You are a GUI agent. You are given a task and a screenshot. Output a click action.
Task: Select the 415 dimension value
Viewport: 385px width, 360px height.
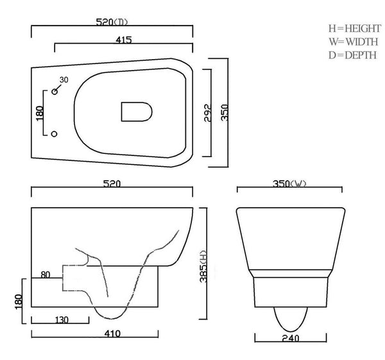coord(124,40)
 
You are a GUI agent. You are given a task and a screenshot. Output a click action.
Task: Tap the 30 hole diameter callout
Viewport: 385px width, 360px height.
coord(64,80)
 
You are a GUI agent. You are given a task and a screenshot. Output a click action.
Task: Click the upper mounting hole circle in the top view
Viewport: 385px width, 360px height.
coord(55,92)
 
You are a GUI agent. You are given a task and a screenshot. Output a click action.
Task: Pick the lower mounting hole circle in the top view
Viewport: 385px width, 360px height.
coord(55,133)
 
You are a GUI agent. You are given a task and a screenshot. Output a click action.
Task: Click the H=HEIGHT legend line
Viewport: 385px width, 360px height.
coord(354,29)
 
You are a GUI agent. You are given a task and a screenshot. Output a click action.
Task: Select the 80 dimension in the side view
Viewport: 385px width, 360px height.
coord(46,275)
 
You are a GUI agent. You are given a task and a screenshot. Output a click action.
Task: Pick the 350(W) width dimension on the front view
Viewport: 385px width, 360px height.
coord(289,184)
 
